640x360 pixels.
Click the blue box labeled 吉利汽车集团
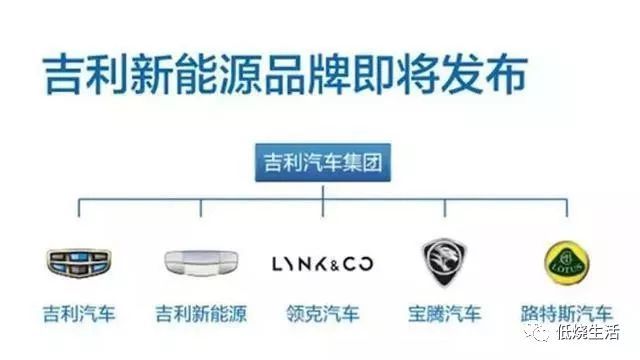[323, 162]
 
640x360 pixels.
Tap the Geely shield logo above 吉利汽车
[79, 262]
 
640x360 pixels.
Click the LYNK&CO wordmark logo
[322, 264]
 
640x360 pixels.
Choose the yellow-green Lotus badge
[566, 263]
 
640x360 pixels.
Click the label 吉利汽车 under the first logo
[79, 314]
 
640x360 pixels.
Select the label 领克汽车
[322, 314]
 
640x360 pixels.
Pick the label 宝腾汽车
[444, 314]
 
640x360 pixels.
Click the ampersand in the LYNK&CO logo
[331, 265]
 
